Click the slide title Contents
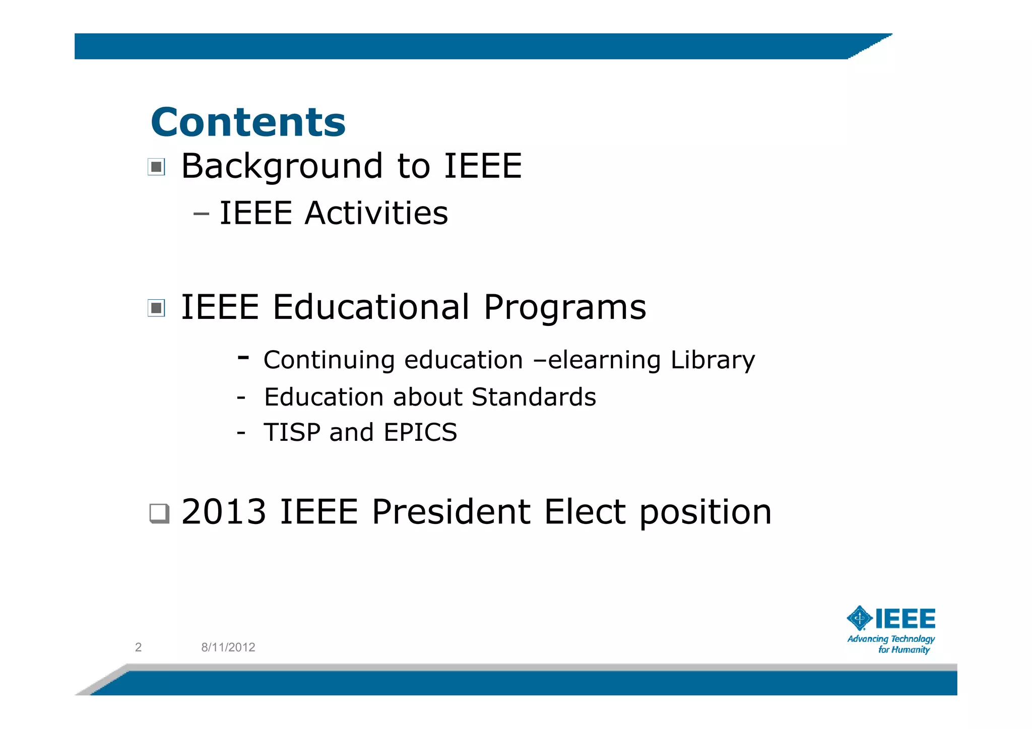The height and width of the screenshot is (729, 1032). coord(248,122)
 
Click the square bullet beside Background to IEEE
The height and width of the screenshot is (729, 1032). coord(156,167)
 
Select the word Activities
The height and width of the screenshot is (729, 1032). coord(376,213)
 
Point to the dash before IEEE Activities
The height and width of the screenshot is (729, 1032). coord(201,214)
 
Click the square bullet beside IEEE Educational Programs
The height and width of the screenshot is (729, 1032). coord(156,308)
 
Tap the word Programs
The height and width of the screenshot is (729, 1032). coord(564,308)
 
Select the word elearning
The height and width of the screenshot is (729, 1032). coord(604,361)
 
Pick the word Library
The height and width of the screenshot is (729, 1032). coord(713,361)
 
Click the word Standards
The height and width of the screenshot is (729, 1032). coord(534,397)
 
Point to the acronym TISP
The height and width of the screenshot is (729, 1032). coord(292,432)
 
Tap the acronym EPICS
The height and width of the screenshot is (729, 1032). coord(420,432)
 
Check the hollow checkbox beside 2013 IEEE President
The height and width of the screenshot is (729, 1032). coord(159,513)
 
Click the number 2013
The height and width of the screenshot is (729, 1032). coord(224,512)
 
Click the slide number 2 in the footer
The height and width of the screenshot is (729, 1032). coord(139,647)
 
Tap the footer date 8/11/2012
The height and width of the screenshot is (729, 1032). coord(228,647)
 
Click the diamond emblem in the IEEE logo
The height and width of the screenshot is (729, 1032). coord(859,618)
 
